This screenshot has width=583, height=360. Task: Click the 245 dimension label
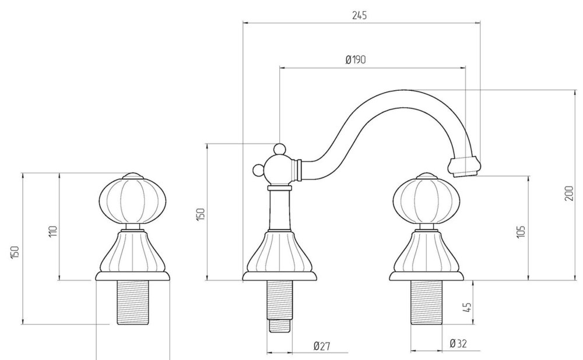(x=359, y=15)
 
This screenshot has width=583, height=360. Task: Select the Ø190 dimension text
(x=356, y=59)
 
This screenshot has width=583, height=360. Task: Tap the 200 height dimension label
(x=569, y=193)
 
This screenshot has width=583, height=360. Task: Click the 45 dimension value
(x=467, y=307)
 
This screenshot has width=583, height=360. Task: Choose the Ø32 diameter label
(x=458, y=344)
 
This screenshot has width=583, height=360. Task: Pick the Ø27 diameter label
(x=322, y=346)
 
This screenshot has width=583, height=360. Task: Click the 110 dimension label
(x=53, y=231)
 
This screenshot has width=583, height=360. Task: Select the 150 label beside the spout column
(x=200, y=214)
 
